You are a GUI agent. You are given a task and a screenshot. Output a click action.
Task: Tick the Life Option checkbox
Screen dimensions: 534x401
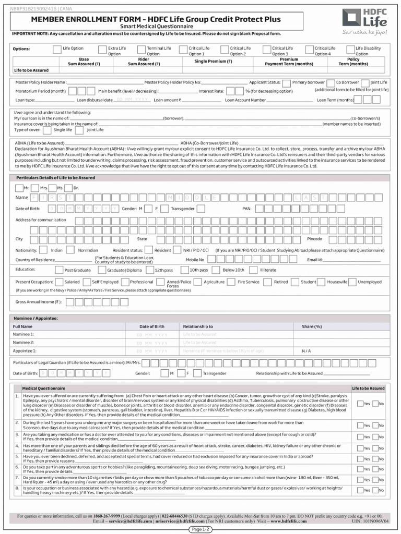tap(57, 49)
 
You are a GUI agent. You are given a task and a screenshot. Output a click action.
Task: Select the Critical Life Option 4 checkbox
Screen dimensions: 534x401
tap(309, 49)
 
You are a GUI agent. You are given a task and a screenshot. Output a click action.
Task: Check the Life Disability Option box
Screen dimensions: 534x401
tap(350, 49)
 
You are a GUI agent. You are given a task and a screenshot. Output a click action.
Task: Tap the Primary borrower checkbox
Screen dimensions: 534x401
tap(288, 82)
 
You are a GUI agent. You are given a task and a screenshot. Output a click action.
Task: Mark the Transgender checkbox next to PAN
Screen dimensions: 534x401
tap(166, 209)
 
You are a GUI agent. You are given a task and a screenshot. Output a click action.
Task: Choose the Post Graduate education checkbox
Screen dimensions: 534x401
tap(58, 270)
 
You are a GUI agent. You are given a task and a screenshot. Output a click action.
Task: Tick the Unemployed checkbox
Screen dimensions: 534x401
tap(353, 282)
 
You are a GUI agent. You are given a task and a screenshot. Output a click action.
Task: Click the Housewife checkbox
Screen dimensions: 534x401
tap(322, 282)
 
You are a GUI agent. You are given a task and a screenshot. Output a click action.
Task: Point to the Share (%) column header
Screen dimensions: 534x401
tap(312, 326)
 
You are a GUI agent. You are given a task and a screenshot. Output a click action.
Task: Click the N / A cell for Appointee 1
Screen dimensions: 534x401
tap(306, 351)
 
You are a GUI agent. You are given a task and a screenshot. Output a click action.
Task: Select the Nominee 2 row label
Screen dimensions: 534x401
tap(23, 343)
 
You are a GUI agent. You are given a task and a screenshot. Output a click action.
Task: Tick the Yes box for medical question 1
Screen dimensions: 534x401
tap(360, 404)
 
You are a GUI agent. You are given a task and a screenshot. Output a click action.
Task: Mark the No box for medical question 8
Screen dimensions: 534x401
tap(375, 490)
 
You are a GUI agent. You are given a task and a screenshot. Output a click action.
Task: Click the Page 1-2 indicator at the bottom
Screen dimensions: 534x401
tap(200, 529)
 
